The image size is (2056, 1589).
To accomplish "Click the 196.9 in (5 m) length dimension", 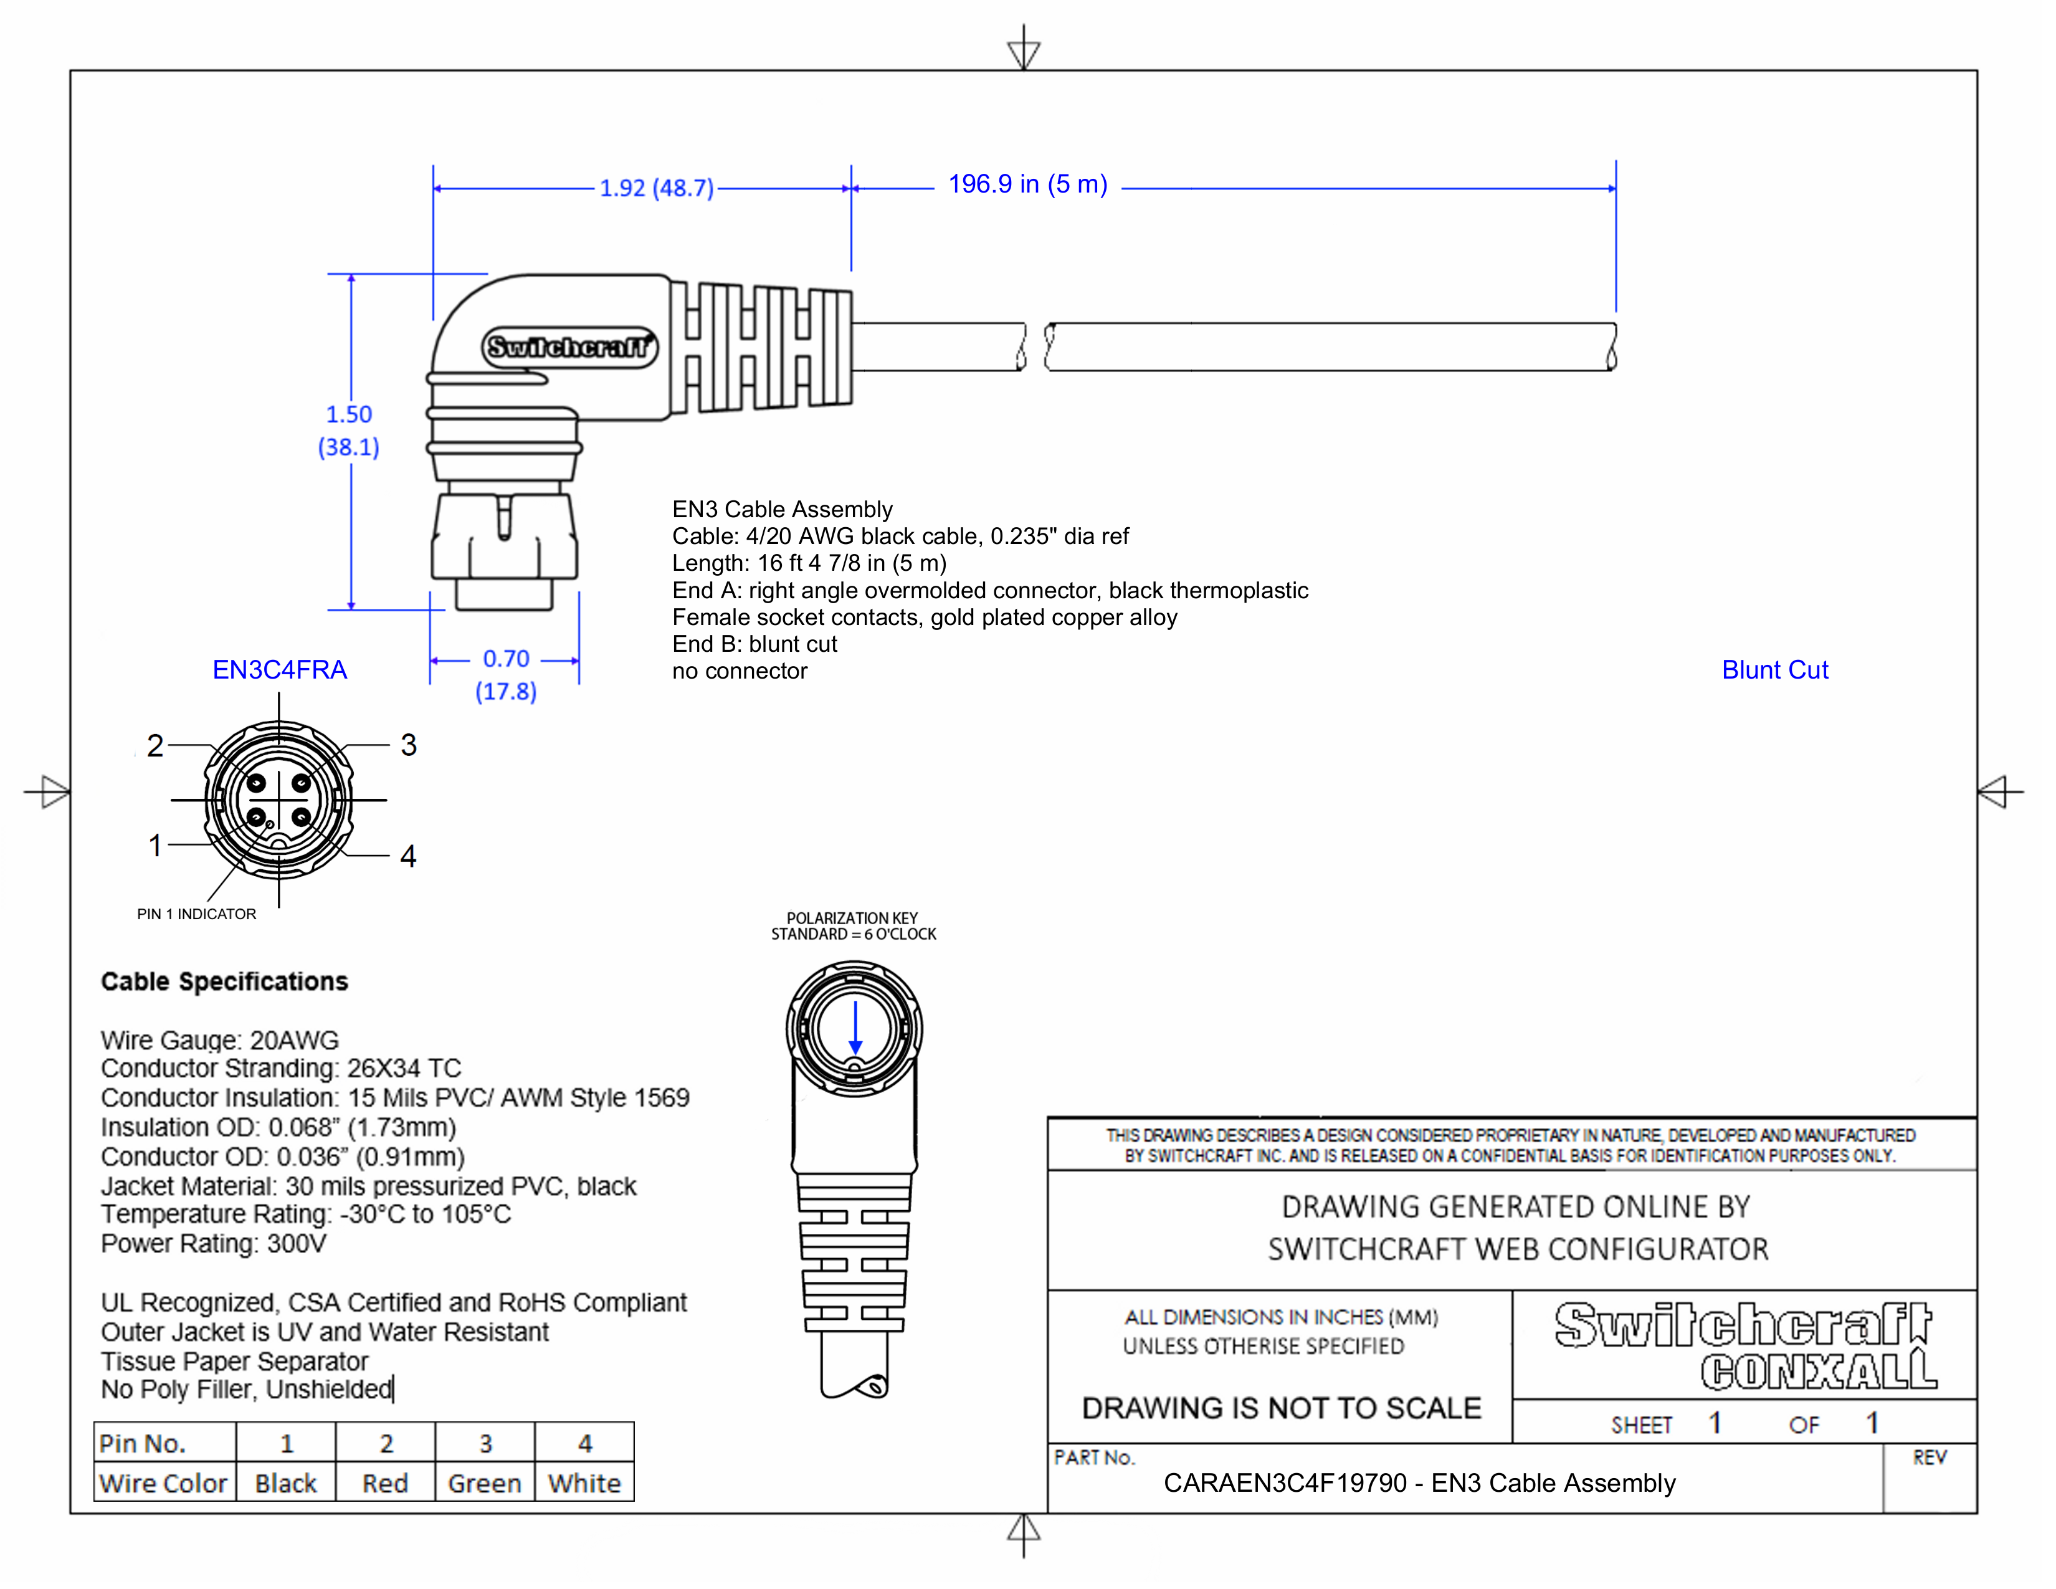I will pos(1027,184).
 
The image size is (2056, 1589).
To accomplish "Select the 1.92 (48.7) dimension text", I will pos(656,188).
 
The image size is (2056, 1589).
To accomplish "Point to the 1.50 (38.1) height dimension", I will pos(348,430).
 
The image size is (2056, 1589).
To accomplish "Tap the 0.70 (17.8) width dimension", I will pos(505,674).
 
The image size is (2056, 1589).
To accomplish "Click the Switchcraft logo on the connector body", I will pos(569,347).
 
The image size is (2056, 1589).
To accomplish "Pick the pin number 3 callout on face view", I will pos(407,745).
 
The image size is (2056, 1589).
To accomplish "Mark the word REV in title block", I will pos(1928,1458).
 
